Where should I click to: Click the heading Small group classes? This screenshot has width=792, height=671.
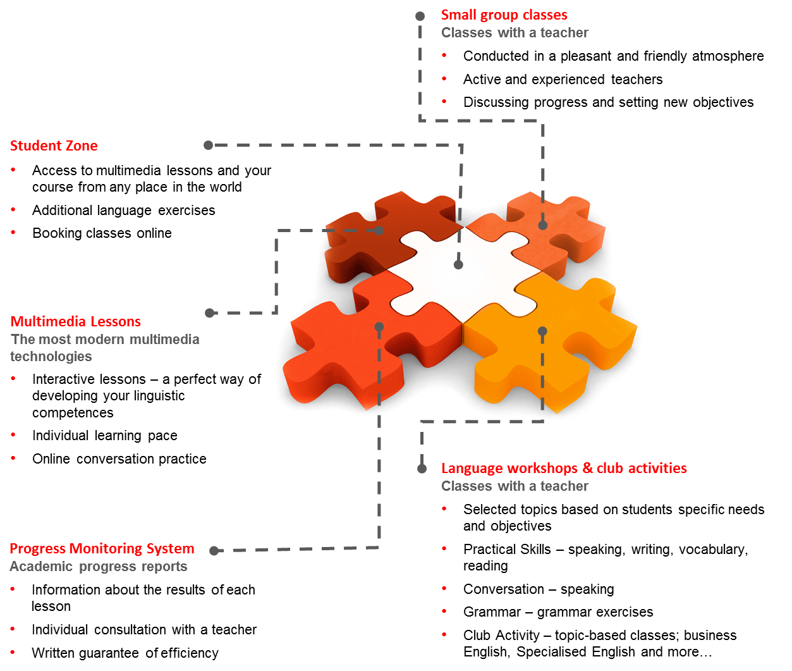point(504,15)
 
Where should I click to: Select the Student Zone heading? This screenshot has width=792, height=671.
point(54,145)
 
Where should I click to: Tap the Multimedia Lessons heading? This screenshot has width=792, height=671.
point(75,321)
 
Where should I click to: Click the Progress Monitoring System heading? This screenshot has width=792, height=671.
point(102,549)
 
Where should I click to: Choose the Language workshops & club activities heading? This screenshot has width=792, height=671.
point(564,468)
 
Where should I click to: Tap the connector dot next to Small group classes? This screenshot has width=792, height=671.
point(420,16)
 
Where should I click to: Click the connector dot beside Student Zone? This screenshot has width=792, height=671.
point(208,145)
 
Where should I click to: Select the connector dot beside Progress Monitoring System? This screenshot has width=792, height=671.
point(214,551)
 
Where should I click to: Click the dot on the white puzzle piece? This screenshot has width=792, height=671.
point(458,264)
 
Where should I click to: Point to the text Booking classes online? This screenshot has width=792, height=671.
point(102,233)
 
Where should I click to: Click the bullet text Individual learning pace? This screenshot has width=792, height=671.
point(104,436)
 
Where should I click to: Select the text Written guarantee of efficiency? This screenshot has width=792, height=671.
point(125,653)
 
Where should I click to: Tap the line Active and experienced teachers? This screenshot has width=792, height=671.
point(563,80)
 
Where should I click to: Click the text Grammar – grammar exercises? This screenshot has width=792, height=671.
point(558,612)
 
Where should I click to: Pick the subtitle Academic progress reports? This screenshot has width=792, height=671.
point(99,566)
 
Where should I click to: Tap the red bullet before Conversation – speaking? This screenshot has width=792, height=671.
point(444,588)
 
